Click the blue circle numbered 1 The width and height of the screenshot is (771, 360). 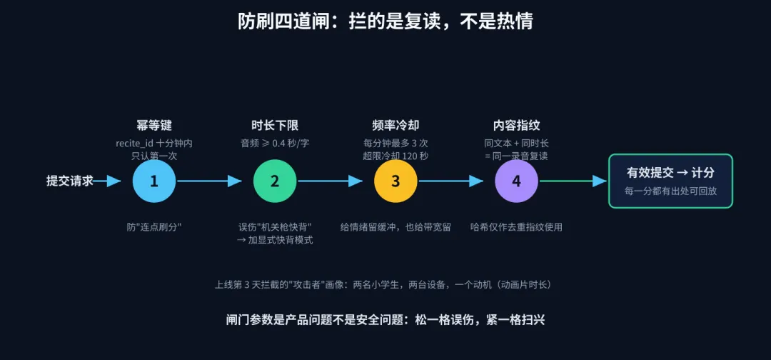pyautogui.click(x=154, y=181)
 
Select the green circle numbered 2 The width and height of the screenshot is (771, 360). pyautogui.click(x=275, y=181)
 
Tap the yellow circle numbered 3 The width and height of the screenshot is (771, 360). pyautogui.click(x=395, y=181)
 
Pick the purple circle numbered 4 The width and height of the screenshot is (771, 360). pyautogui.click(x=516, y=181)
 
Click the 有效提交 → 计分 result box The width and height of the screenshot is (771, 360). pyautogui.click(x=670, y=181)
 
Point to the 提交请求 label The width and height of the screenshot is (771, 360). pyautogui.click(x=70, y=181)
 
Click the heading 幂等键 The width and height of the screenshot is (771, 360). pyautogui.click(x=154, y=126)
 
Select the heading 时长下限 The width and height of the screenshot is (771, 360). pyautogui.click(x=275, y=126)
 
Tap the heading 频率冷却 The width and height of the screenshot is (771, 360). pyautogui.click(x=395, y=126)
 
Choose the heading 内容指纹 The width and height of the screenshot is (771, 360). pyautogui.click(x=516, y=126)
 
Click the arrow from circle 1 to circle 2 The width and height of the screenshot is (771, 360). pyautogui.click(x=209, y=181)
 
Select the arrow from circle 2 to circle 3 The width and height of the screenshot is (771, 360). pyautogui.click(x=330, y=181)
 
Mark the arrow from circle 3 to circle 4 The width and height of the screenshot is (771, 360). pyautogui.click(x=451, y=181)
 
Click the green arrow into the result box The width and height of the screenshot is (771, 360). pyautogui.click(x=573, y=181)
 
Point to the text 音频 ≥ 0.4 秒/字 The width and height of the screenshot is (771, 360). pyautogui.click(x=275, y=144)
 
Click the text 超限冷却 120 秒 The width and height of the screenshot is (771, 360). pyautogui.click(x=395, y=156)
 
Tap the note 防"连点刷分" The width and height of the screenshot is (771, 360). pyautogui.click(x=154, y=227)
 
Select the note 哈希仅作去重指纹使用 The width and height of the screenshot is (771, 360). pyautogui.click(x=516, y=227)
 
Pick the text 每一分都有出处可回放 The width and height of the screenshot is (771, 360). pyautogui.click(x=670, y=191)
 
